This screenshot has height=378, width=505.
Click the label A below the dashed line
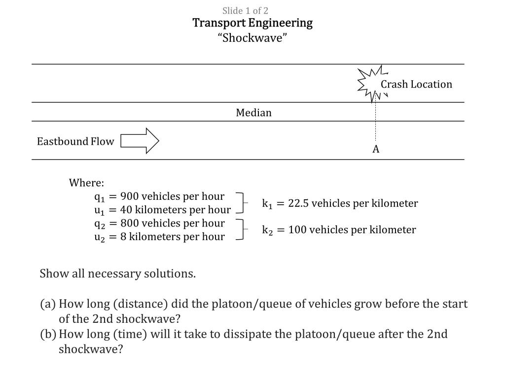click(376, 150)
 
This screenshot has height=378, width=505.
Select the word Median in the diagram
click(253, 113)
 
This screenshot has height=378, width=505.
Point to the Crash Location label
click(416, 84)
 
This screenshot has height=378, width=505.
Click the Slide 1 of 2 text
click(245, 10)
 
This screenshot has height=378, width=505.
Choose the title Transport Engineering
click(252, 23)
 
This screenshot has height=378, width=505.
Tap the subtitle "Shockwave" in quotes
click(252, 38)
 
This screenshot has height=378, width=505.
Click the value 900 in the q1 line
click(130, 197)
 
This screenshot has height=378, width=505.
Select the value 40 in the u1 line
click(126, 210)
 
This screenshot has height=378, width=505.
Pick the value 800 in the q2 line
click(130, 223)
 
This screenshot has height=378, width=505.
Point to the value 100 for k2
click(297, 230)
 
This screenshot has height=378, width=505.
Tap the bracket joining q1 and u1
click(241, 203)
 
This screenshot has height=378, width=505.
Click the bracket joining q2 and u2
click(241, 230)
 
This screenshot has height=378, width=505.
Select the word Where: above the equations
click(86, 183)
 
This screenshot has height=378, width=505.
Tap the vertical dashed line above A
click(376, 121)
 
